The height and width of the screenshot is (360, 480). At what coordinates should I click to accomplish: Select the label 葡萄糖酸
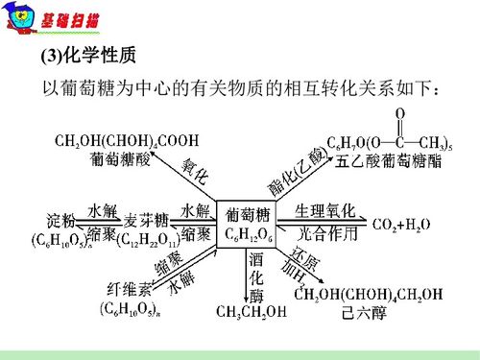114,159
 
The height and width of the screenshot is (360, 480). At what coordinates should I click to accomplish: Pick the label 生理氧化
324,210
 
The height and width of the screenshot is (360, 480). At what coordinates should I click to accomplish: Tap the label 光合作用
324,232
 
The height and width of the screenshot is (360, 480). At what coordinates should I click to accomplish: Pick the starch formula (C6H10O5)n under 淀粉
60,237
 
